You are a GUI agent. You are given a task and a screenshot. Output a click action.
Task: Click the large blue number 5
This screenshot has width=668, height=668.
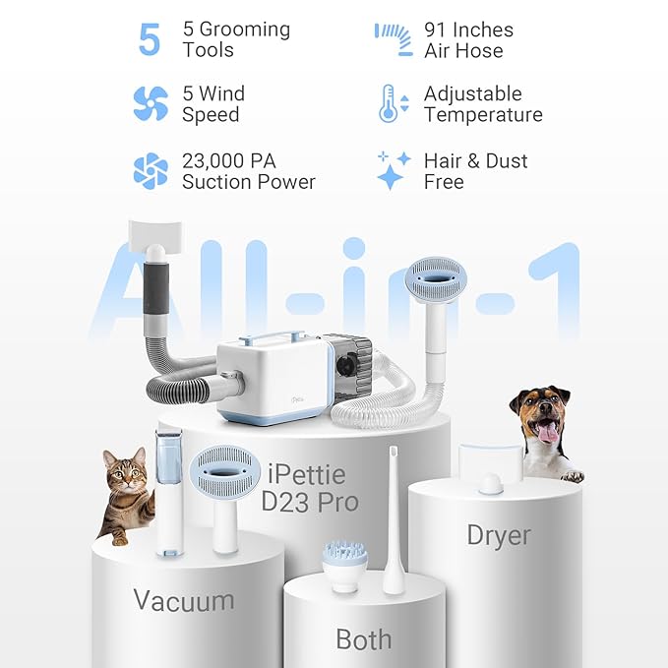(x=150, y=39)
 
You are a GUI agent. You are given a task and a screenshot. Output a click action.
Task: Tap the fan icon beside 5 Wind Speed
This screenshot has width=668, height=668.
(x=150, y=103)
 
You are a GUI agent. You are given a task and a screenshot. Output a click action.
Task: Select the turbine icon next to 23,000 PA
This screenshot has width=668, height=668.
(x=151, y=170)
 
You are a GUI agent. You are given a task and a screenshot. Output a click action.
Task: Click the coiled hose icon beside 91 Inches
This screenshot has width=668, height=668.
(x=393, y=39)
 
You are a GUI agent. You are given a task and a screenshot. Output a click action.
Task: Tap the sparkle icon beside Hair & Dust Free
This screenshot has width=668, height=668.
(x=393, y=169)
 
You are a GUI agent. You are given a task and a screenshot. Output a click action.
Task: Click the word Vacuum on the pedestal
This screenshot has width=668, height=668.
(x=184, y=600)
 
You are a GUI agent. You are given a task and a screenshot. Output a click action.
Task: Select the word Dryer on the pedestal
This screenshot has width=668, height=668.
(x=498, y=536)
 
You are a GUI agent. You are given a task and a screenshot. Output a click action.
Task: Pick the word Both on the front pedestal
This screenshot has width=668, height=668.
(x=363, y=639)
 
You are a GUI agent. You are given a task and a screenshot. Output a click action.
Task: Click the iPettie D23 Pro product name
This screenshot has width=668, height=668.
(x=306, y=489)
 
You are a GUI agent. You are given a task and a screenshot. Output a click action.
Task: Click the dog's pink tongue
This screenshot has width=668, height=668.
(x=547, y=431)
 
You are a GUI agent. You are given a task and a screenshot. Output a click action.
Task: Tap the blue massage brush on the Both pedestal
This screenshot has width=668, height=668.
(x=345, y=562)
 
